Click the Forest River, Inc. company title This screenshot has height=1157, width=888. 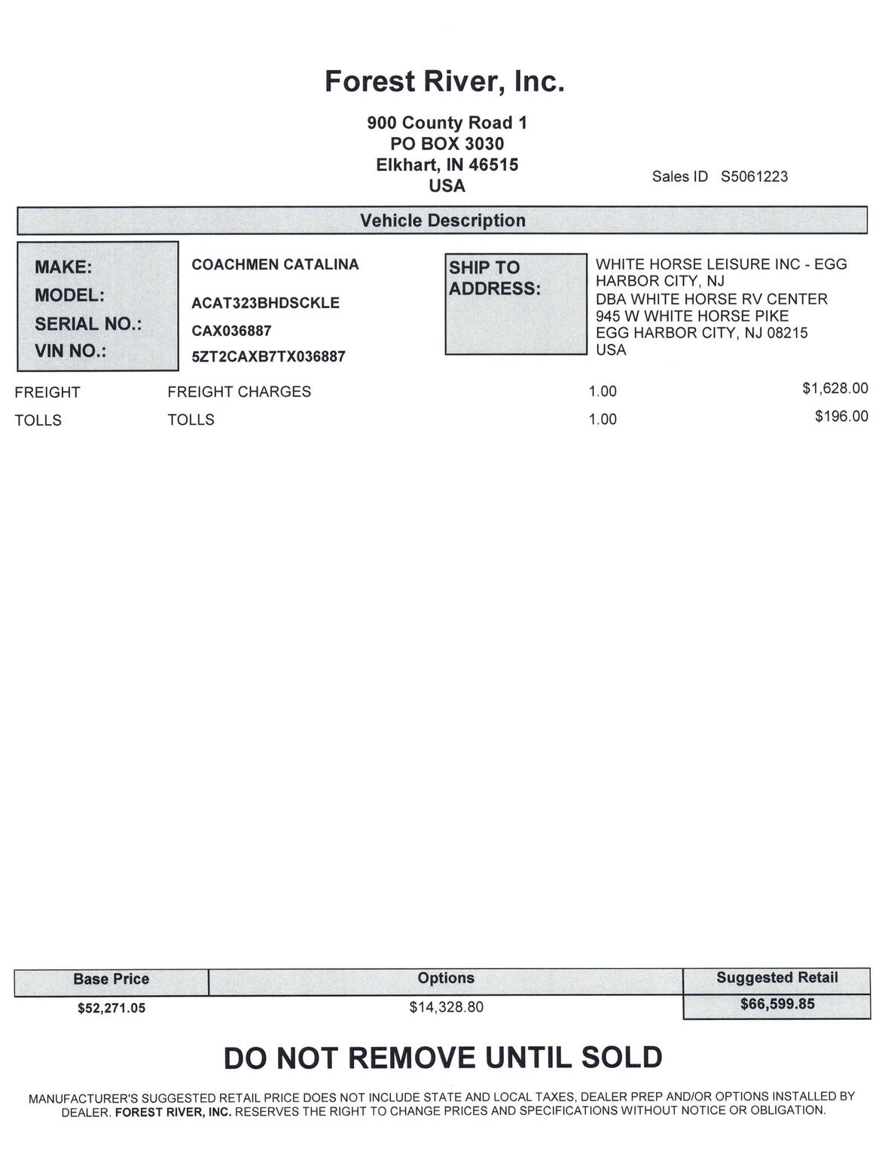pos(444,81)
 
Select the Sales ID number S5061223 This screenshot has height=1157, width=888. pos(754,176)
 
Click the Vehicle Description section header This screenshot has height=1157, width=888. pos(442,221)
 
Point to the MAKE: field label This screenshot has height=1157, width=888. pos(63,267)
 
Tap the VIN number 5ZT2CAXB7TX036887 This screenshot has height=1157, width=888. pos(268,356)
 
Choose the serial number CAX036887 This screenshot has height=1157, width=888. pos(231,331)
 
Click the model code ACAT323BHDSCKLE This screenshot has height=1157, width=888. pos(265,303)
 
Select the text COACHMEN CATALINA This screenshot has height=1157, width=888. pos(275,264)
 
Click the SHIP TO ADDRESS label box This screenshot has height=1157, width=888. pos(515,304)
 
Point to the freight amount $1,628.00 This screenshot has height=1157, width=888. pos(835,389)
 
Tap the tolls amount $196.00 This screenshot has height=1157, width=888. pos(841,417)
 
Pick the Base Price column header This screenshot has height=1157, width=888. pos(111,979)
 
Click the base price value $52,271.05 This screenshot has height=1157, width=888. pos(111,1008)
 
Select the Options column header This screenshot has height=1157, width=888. pos(446,978)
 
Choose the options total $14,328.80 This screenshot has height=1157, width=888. pos(446,1007)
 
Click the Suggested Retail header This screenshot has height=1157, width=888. pos(777,978)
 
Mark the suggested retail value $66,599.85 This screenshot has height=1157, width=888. pos(777,1004)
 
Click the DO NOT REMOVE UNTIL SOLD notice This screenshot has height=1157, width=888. pos(443,1058)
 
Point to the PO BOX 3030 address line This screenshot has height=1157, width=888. pos(447,144)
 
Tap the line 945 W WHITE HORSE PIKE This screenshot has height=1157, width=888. pos(691,316)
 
